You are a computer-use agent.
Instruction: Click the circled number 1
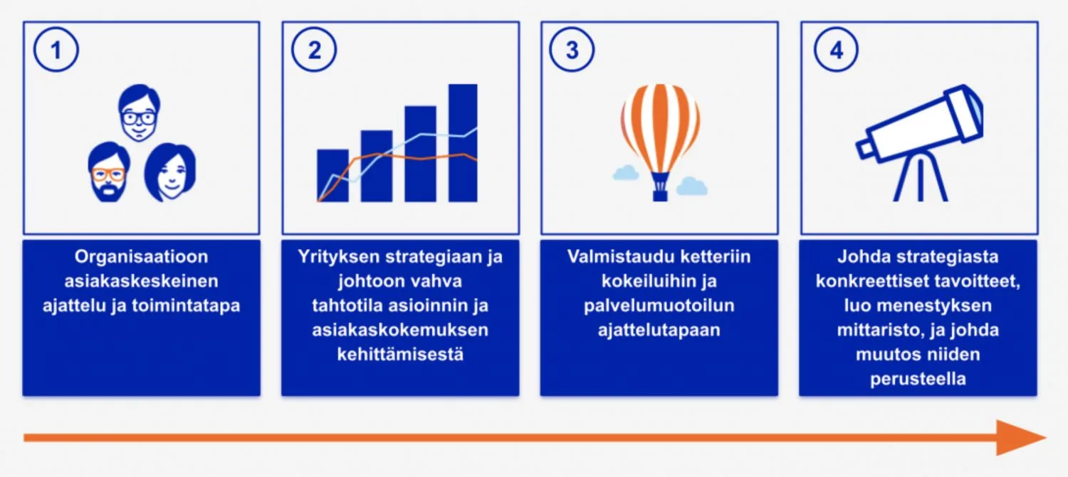click(x=56, y=50)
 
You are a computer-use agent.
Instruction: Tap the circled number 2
click(x=314, y=50)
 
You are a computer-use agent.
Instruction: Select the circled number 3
click(x=572, y=50)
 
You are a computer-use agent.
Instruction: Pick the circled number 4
click(x=836, y=50)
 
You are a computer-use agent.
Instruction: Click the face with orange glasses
click(x=110, y=172)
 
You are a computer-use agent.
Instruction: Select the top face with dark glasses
click(x=140, y=114)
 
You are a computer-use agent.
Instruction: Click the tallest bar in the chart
click(x=463, y=142)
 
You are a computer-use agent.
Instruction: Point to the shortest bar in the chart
click(x=332, y=175)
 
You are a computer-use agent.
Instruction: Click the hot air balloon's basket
click(x=660, y=190)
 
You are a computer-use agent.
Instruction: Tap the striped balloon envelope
click(x=660, y=128)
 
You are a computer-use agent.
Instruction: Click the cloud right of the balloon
click(x=691, y=187)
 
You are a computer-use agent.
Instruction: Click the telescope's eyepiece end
click(x=864, y=148)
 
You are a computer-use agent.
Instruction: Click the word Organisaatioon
click(x=141, y=257)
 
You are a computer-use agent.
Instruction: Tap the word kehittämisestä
click(x=400, y=354)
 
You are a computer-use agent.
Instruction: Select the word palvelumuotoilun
click(x=659, y=305)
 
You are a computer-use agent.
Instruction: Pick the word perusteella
click(x=918, y=378)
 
